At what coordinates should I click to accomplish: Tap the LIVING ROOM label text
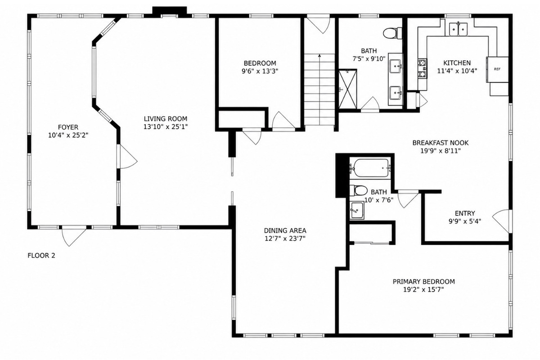click(x=166, y=119)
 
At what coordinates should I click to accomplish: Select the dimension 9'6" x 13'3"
click(x=260, y=72)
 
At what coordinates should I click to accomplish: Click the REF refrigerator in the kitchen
click(x=497, y=69)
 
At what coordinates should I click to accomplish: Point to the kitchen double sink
click(x=458, y=29)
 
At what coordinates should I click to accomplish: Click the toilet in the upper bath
click(x=392, y=33)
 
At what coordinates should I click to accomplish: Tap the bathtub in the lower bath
click(x=370, y=168)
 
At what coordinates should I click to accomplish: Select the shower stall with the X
click(x=347, y=89)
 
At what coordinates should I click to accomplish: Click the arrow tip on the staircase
click(x=319, y=55)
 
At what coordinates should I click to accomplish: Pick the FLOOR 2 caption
click(x=41, y=255)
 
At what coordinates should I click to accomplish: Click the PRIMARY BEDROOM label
click(x=424, y=282)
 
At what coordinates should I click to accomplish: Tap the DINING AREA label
click(x=285, y=230)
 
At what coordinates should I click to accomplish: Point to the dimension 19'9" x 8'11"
click(x=441, y=151)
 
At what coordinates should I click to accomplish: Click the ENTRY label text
click(x=465, y=213)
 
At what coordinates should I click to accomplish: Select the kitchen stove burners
click(x=423, y=68)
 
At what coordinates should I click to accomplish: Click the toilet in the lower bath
click(x=359, y=190)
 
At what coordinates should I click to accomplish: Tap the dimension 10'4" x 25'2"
click(x=68, y=135)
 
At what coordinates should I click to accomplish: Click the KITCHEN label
click(x=457, y=63)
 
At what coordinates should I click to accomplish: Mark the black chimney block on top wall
click(x=170, y=11)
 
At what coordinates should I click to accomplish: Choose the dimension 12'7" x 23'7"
click(x=285, y=238)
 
